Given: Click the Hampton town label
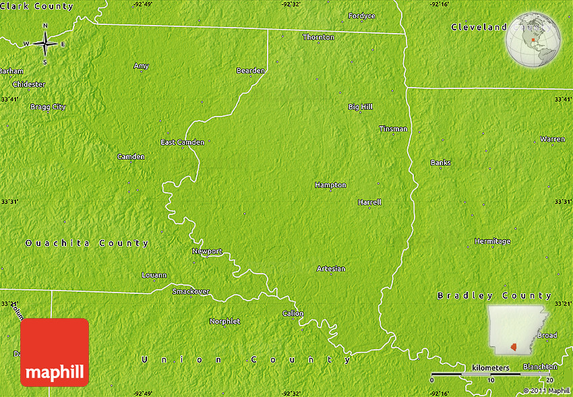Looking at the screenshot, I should click(x=330, y=185).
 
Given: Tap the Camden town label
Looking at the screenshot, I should click(x=131, y=156).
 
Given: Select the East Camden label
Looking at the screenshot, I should click(x=182, y=142).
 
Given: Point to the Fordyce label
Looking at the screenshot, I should click(x=361, y=16).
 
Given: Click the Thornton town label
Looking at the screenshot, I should click(x=318, y=37).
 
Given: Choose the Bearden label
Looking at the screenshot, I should click(x=250, y=70).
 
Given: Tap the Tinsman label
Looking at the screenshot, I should click(x=393, y=129).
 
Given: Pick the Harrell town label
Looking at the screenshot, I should click(x=369, y=202).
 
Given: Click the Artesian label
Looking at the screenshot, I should click(x=331, y=268).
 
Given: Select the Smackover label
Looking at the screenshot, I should click(x=191, y=291).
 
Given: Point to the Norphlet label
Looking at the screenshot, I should click(x=224, y=322).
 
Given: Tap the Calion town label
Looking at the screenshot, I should click(x=293, y=313).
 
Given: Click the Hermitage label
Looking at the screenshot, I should click(x=492, y=241).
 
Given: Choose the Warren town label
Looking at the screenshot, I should click(x=552, y=139).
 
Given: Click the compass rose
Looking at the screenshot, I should click(x=45, y=44).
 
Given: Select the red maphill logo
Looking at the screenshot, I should click(x=55, y=353).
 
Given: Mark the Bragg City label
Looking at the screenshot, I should click(x=48, y=106).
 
